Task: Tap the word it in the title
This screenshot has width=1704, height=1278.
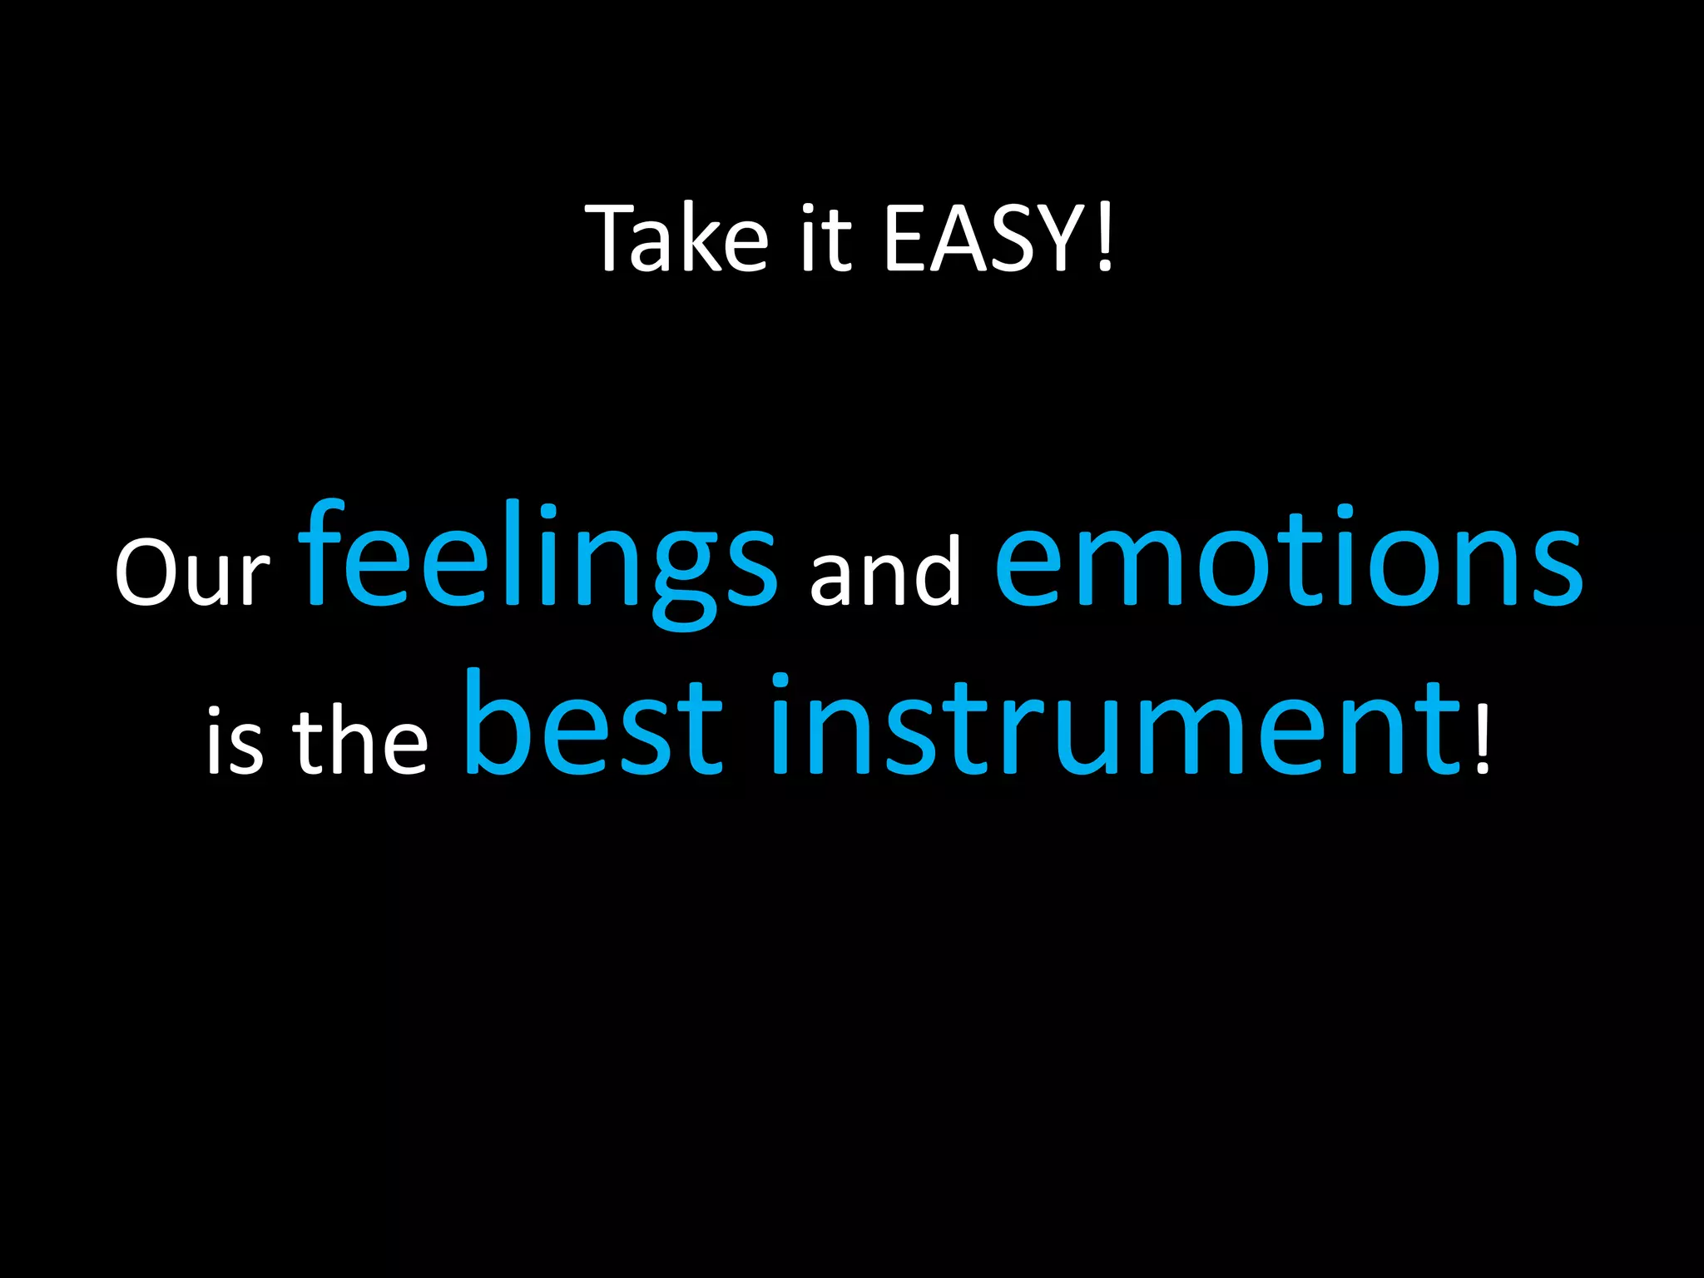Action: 825,238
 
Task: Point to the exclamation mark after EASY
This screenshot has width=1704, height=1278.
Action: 1104,240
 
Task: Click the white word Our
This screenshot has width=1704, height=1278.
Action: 192,572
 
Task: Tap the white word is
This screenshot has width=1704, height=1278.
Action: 235,741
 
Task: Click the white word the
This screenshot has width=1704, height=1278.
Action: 359,737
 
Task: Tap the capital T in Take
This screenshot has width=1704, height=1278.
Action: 613,238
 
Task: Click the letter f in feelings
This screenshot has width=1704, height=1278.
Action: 321,552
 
